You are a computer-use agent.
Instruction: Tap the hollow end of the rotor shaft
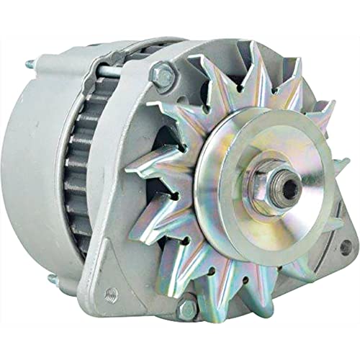click(x=289, y=189)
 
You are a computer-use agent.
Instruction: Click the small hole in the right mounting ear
click(x=345, y=248)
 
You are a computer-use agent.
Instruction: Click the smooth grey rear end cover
click(x=36, y=173)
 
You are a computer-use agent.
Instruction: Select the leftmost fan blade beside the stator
click(x=137, y=180)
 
